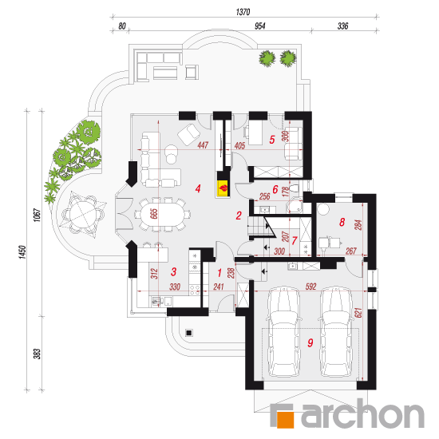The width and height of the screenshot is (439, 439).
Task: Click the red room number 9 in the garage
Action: click(x=310, y=342)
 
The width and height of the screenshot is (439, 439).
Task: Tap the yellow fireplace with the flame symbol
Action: click(x=223, y=188)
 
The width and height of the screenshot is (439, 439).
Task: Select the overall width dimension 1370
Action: click(x=243, y=12)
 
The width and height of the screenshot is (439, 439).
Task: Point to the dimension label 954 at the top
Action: click(x=260, y=26)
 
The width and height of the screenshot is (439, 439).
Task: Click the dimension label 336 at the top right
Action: click(x=342, y=26)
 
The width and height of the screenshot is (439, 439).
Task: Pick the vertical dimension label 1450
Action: click(x=22, y=251)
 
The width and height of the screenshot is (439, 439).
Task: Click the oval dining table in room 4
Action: click(x=162, y=214)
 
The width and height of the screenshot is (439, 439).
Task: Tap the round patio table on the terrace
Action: click(x=83, y=214)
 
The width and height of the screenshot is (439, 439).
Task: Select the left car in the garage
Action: click(x=283, y=331)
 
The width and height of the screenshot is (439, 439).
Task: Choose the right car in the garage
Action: click(x=335, y=331)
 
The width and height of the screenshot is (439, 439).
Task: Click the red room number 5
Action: click(x=272, y=140)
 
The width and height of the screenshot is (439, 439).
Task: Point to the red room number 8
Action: click(x=342, y=222)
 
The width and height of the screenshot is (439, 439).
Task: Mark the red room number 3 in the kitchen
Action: click(x=173, y=271)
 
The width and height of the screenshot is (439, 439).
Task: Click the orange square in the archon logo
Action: click(x=285, y=420)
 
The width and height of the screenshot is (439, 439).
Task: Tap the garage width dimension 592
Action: click(x=310, y=287)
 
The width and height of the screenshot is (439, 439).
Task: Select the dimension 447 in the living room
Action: click(x=203, y=145)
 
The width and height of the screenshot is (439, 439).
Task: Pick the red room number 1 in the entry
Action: click(x=219, y=272)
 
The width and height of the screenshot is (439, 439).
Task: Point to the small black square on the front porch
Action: click(x=189, y=333)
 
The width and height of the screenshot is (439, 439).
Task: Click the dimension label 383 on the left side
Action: click(x=38, y=354)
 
